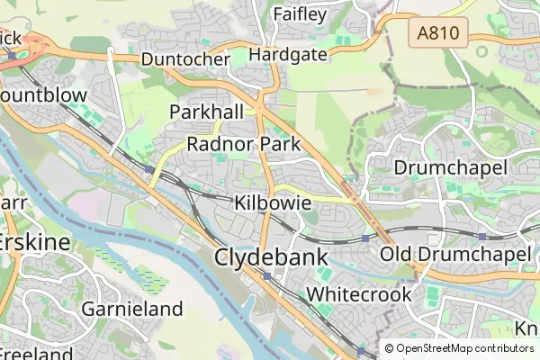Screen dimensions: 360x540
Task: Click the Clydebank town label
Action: [270, 257]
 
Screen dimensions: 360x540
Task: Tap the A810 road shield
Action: [438, 35]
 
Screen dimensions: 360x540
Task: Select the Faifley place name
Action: [299, 14]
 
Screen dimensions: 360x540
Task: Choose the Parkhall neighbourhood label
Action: [207, 112]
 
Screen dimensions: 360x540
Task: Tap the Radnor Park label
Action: [243, 144]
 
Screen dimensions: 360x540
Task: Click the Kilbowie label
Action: [266, 202]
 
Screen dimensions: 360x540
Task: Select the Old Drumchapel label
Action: [455, 255]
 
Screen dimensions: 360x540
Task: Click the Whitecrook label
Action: [359, 294]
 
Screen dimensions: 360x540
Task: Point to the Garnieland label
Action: [132, 310]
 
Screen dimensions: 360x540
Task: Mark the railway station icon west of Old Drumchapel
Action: [364, 238]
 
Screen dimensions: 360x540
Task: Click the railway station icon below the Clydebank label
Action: [267, 276]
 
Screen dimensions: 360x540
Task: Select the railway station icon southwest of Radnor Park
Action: [148, 168]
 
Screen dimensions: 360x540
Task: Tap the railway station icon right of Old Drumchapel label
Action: [482, 236]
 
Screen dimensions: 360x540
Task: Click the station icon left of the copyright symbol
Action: [361, 350]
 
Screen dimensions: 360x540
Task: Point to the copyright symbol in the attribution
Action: [389, 348]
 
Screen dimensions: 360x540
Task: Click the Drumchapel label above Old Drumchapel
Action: [451, 167]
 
